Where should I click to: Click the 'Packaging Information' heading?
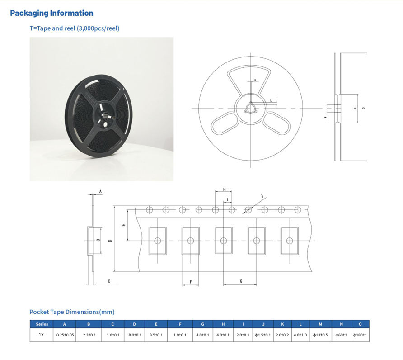[52, 13]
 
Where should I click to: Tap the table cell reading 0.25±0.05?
[65, 335]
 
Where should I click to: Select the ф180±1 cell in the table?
[360, 335]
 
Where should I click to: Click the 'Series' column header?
[42, 324]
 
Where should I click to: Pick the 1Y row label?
[42, 335]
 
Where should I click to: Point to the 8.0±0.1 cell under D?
[134, 335]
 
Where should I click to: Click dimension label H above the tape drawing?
[224, 189]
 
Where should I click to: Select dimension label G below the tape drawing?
[241, 281]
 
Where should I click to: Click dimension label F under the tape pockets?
[191, 282]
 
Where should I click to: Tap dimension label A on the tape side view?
[100, 192]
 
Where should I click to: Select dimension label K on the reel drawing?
[255, 80]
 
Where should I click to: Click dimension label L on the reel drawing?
[271, 99]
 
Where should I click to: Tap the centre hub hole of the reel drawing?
[250, 109]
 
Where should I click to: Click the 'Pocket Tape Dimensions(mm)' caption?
[72, 312]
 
